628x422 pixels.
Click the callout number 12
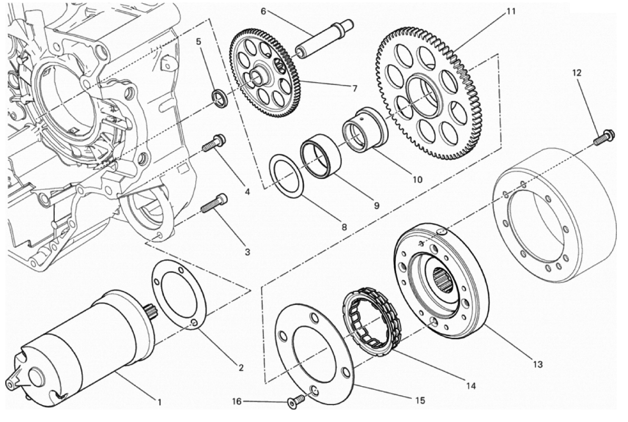point(576,73)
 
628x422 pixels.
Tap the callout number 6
point(263,11)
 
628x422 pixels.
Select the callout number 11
point(511,12)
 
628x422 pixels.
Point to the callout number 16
point(237,401)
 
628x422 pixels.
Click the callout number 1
point(160,401)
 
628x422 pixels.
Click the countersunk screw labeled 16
point(292,403)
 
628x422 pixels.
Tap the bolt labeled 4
point(213,143)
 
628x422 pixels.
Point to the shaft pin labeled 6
point(324,38)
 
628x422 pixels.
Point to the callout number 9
point(377,205)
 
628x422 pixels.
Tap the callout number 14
point(470,386)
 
